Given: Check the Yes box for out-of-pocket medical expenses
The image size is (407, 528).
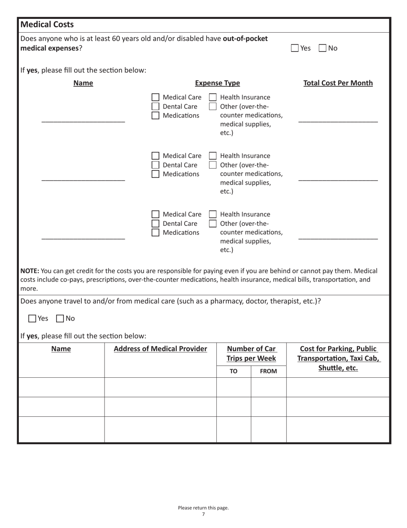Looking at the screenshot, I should click(295, 48).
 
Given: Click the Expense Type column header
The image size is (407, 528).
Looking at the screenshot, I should click(217, 83).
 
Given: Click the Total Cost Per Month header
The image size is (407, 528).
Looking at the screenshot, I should click(338, 83).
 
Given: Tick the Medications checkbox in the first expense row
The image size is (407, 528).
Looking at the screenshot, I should click(156, 115).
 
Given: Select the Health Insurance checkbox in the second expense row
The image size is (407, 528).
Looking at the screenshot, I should click(212, 156).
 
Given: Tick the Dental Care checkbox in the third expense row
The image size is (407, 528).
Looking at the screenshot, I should click(156, 224).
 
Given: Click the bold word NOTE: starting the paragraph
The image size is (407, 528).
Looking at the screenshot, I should click(30, 271).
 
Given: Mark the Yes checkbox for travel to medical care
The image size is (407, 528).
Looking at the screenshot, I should click(32, 319).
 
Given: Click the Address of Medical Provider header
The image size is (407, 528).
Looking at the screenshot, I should click(160, 349).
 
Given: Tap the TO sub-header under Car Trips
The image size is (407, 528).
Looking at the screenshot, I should click(233, 371).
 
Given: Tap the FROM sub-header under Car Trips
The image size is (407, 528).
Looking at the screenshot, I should click(269, 371).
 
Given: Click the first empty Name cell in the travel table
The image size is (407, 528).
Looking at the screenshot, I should click(61, 387).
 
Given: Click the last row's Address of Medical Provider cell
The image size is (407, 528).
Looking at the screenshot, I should click(160, 429).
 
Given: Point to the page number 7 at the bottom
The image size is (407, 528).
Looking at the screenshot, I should click(203, 514).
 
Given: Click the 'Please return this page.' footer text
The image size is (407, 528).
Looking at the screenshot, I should click(203, 508).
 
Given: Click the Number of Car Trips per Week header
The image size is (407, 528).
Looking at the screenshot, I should click(251, 353).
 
